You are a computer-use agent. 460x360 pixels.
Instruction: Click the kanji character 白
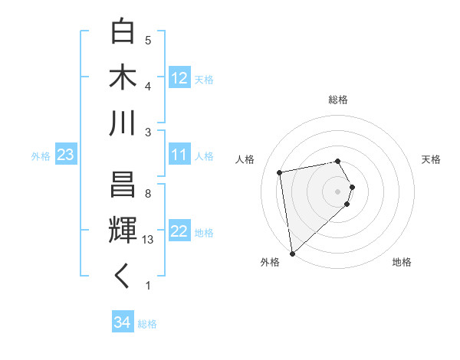coord(123,32)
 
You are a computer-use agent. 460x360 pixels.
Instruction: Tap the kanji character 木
coord(123,77)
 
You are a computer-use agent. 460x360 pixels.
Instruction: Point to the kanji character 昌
coord(123,185)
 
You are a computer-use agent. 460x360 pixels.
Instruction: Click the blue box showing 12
coord(179,78)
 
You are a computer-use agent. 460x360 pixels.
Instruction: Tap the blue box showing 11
coord(179,155)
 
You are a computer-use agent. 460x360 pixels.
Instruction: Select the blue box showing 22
coord(179,231)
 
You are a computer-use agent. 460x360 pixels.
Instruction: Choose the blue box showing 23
coord(65,155)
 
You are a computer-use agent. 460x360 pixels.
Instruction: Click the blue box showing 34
coord(122,322)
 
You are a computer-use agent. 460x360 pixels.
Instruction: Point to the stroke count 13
coord(149,240)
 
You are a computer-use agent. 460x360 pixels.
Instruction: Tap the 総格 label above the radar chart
coord(338,100)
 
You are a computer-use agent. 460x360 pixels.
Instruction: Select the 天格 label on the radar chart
coord(431,159)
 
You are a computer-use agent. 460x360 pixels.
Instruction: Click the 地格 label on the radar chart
coord(402,262)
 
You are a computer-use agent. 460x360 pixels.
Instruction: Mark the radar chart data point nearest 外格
coord(292,253)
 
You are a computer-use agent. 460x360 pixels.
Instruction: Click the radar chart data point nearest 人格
coord(280,172)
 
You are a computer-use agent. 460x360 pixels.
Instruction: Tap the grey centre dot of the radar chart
coord(338,191)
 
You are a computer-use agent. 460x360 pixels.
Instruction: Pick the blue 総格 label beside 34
coord(147,324)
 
